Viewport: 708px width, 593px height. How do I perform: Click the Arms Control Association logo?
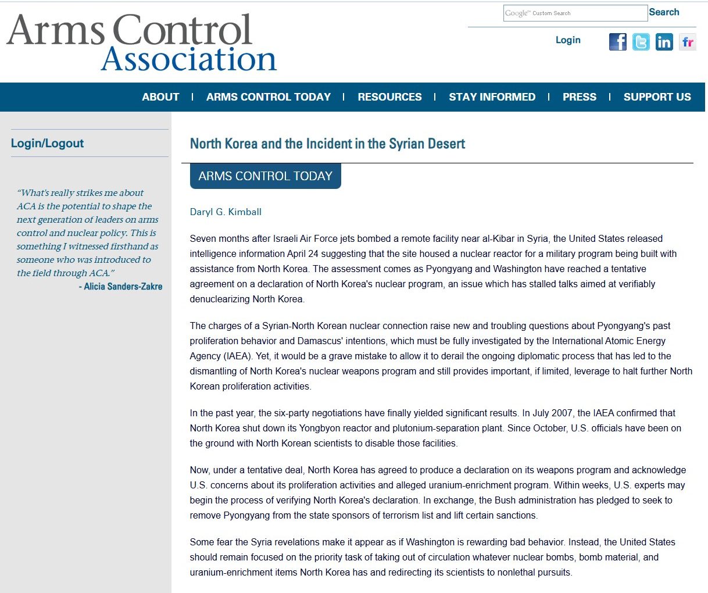[x=141, y=43]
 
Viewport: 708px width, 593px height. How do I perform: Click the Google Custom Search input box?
[x=575, y=13]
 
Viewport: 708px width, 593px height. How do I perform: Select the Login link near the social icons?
[x=568, y=40]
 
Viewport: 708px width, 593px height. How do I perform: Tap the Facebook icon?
[x=617, y=42]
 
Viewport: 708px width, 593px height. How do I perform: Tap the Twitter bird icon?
[x=641, y=42]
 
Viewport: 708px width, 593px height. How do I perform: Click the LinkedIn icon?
[x=664, y=42]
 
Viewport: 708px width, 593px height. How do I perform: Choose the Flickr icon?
[x=687, y=42]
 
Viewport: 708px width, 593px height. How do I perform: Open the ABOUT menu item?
[x=160, y=97]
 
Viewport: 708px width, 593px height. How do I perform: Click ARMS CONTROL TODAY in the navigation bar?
[x=268, y=97]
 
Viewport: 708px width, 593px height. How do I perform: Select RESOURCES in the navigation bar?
[x=389, y=97]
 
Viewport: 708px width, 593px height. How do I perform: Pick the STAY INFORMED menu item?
[x=492, y=97]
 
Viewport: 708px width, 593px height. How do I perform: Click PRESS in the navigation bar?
[x=579, y=97]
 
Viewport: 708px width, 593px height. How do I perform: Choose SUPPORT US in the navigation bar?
[x=657, y=97]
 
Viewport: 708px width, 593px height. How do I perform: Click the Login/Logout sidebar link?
[x=47, y=144]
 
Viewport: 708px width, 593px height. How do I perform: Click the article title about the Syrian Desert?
[x=327, y=144]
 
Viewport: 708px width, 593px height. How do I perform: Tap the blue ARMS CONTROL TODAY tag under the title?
[x=265, y=176]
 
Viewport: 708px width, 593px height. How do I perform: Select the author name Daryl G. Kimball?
[x=226, y=212]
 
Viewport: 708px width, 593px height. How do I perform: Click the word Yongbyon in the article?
[x=320, y=428]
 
